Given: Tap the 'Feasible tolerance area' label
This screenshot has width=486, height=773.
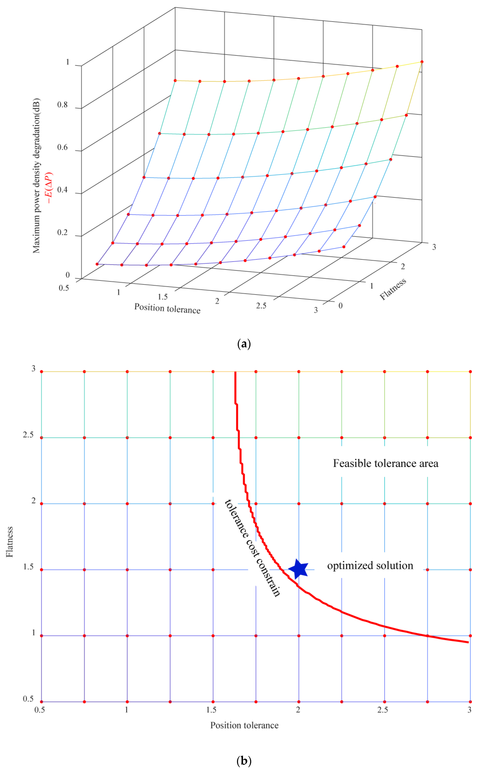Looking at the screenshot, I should pos(386,463).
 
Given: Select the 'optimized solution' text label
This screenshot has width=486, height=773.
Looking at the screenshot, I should pos(370,566).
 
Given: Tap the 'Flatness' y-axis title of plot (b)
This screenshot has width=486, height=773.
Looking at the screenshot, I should pos(10,542).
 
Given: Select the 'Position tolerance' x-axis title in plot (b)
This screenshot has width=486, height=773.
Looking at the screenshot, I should pos(244,725).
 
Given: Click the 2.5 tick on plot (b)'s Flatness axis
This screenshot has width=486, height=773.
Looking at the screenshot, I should pos(28,435).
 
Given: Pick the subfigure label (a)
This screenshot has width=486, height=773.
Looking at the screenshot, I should pos(243,344).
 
